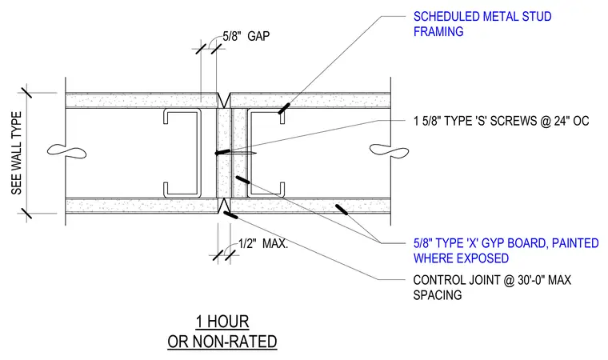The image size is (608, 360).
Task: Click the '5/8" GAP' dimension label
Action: pos(246,36)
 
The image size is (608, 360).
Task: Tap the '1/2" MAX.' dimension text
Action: pos(263,244)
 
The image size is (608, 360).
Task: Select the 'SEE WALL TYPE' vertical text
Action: pos(16,154)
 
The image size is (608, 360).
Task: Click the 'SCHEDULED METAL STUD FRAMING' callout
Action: pos(482,24)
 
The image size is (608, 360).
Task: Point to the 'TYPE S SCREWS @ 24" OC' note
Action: pos(501,121)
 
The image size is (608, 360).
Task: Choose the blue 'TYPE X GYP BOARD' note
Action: pos(506,251)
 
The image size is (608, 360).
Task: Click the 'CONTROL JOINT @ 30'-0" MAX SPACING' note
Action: pos(492,287)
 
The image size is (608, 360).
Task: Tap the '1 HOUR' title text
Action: pos(222,322)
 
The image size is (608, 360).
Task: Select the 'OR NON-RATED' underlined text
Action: pos(222,342)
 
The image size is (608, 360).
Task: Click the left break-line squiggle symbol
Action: pos(66,151)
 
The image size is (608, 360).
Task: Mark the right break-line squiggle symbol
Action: pos(389,151)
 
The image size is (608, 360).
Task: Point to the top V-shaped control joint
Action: pos(224,101)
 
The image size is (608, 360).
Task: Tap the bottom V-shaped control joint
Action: pos(224,206)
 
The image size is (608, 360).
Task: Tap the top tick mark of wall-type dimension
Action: pos(26,93)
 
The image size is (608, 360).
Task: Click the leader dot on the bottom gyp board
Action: pos(342,210)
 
